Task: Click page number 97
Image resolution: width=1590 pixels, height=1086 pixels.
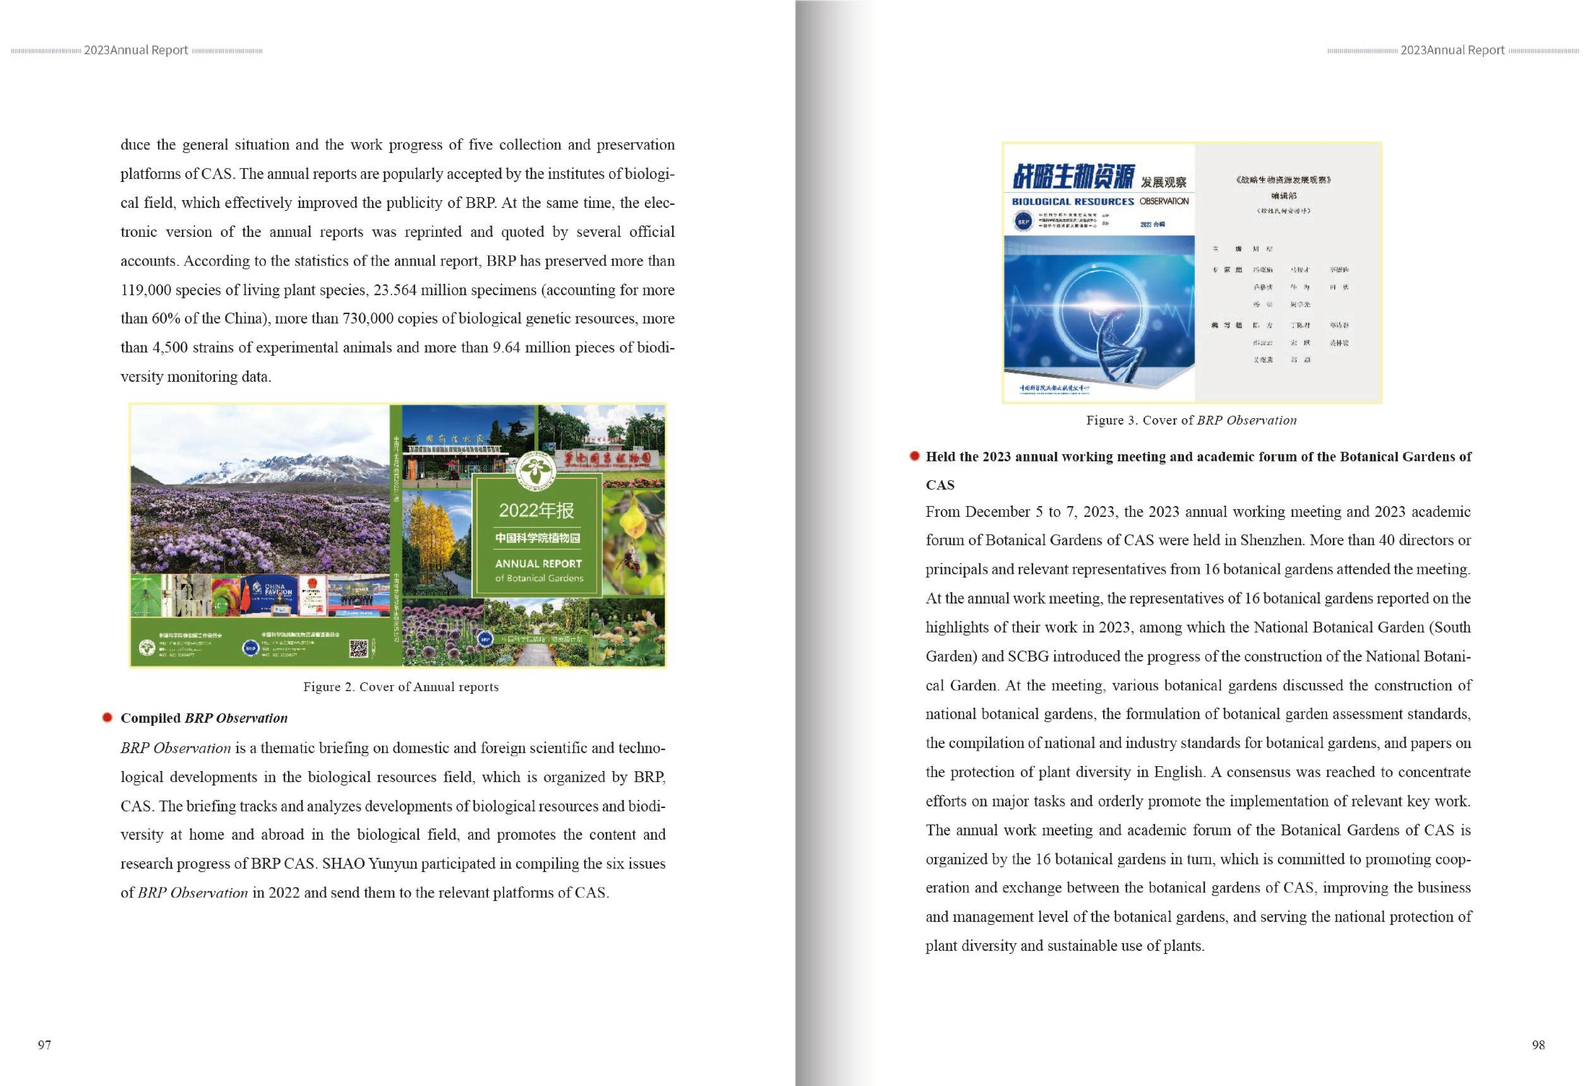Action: click(x=44, y=1044)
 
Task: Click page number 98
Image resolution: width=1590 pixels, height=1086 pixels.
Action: click(x=1538, y=1044)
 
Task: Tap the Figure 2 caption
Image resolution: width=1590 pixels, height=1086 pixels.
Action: click(x=401, y=686)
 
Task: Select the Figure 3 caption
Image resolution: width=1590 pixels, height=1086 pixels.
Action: click(x=1191, y=420)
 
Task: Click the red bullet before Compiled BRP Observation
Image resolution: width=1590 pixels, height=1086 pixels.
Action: click(x=107, y=717)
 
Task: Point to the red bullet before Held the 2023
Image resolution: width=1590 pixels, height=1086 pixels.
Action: click(x=914, y=456)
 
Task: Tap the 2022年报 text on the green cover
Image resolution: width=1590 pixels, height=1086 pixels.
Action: click(x=536, y=510)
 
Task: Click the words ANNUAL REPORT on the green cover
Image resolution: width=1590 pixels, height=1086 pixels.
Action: click(x=538, y=563)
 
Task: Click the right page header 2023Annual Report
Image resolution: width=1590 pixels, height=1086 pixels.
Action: click(x=1452, y=50)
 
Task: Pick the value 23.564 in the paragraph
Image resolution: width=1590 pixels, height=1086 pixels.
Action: click(x=395, y=289)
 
